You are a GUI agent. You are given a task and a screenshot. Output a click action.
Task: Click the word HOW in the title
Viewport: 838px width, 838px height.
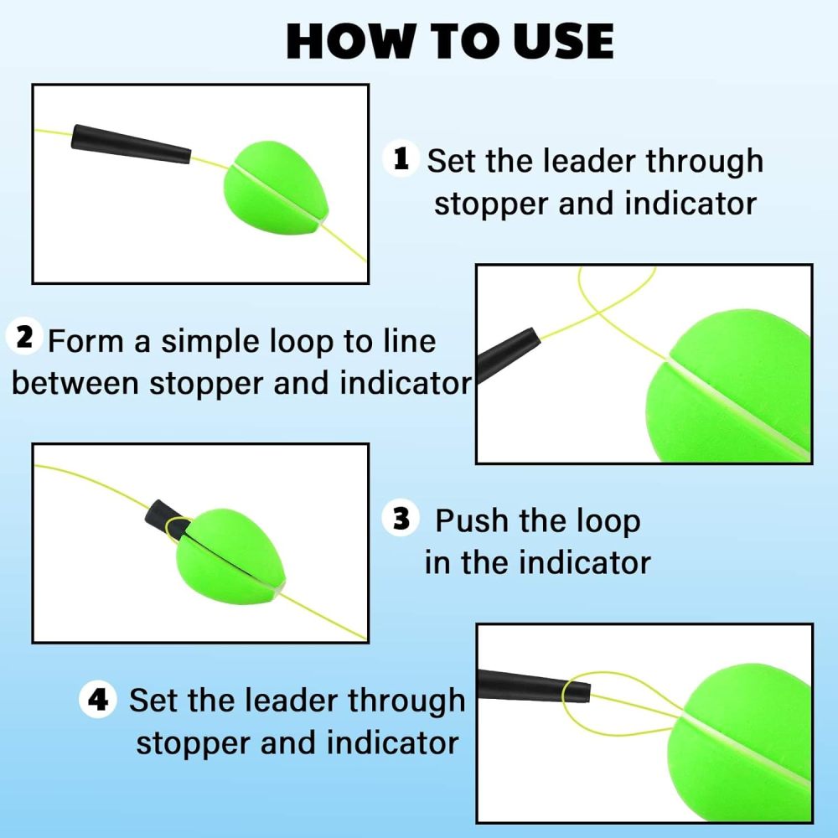tap(344, 40)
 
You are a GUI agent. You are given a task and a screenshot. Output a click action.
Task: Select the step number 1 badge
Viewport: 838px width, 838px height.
tap(401, 158)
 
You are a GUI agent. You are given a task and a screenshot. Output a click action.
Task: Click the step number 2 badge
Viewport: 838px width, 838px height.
tap(24, 337)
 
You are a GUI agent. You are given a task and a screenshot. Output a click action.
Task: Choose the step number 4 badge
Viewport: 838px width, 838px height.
tap(98, 699)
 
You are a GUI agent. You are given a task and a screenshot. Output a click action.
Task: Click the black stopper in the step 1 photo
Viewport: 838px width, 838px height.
tap(130, 144)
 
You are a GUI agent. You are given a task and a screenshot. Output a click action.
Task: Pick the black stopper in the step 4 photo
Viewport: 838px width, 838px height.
tap(533, 685)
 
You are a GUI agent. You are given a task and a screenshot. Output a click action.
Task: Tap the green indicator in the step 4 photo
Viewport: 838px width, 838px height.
tap(746, 737)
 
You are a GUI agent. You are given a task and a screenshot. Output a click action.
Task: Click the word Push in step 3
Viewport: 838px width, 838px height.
tap(472, 520)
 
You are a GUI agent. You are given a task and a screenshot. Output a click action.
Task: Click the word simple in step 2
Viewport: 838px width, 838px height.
tap(209, 342)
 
